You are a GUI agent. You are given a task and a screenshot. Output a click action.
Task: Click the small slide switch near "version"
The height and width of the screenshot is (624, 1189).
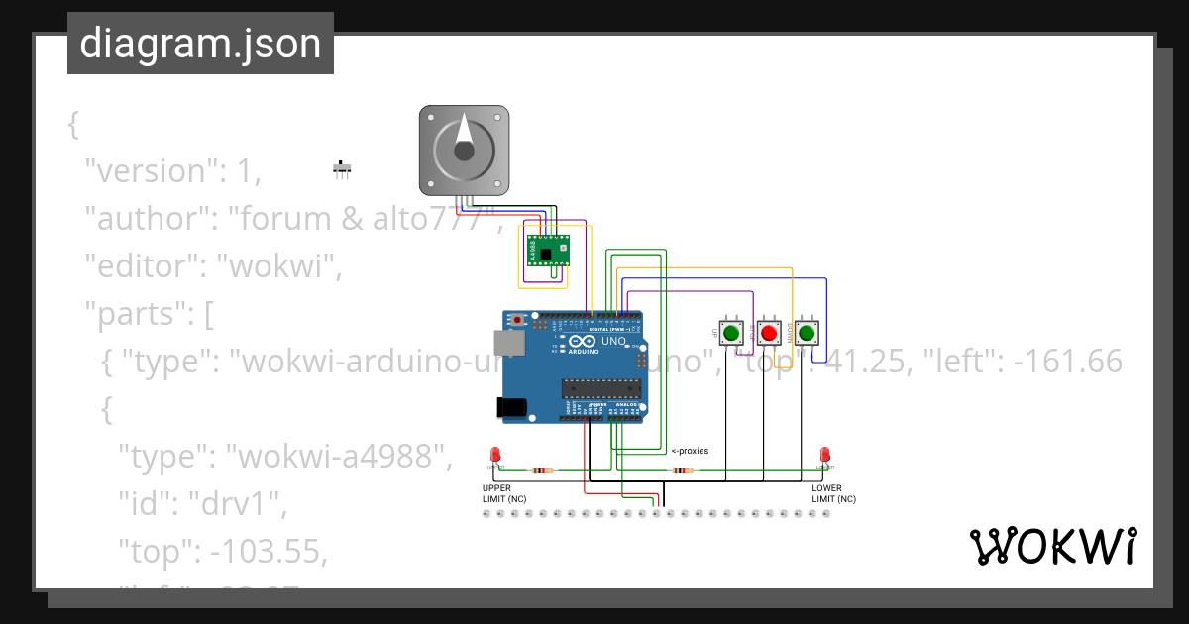(342, 168)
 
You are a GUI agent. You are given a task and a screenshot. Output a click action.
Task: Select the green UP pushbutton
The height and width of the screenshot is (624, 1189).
(731, 333)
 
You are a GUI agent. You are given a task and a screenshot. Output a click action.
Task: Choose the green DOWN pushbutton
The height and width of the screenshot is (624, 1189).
(807, 333)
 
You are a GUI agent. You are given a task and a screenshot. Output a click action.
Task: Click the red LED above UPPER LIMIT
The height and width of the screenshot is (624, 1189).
(494, 455)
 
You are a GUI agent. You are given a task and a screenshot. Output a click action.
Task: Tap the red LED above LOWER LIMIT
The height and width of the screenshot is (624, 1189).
(823, 455)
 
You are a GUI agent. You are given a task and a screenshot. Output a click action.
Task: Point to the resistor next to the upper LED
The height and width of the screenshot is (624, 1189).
(541, 470)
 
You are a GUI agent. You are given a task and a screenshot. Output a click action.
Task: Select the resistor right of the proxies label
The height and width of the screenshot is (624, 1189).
(683, 470)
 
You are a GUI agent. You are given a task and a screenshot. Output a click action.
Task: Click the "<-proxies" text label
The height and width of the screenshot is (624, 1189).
(690, 451)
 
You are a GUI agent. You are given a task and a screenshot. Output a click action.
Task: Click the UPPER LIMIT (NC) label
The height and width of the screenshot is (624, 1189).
(504, 493)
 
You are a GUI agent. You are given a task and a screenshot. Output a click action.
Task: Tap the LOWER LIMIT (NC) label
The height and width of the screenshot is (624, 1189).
(833, 493)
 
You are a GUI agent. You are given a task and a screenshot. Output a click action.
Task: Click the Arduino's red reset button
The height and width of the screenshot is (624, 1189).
(518, 320)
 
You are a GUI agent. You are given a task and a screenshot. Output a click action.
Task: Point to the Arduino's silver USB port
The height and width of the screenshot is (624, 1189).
(509, 343)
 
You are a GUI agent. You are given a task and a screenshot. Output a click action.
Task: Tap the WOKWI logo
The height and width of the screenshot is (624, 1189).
(1053, 547)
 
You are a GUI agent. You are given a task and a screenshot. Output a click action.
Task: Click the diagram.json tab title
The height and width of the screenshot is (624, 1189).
(200, 44)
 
